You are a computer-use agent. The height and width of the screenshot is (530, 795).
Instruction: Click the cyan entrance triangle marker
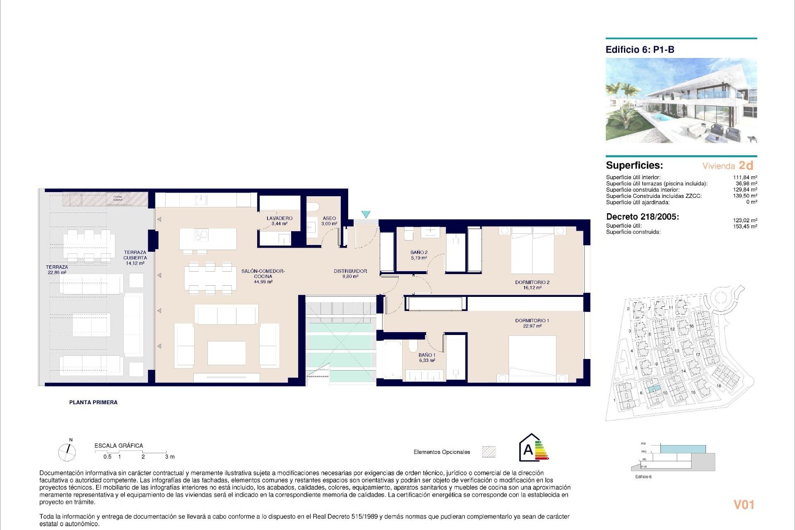point(366,214)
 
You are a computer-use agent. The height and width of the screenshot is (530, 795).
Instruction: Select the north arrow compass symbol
point(67,452)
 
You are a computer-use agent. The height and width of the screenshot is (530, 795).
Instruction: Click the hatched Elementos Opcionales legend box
point(489,452)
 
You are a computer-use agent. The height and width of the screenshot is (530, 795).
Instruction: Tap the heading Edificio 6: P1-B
point(640,50)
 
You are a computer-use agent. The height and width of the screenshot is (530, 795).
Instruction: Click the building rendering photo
point(681,101)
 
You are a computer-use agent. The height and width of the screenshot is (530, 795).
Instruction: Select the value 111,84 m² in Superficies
point(745,177)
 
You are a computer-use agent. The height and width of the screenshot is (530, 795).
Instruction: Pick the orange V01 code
point(744,505)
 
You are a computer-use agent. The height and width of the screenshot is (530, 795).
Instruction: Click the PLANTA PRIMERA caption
point(93,402)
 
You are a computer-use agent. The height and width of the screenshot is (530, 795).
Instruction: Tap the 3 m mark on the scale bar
point(169,457)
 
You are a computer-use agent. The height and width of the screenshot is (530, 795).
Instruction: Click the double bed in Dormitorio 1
point(532,358)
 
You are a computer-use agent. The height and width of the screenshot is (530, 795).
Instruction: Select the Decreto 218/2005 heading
point(642,217)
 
